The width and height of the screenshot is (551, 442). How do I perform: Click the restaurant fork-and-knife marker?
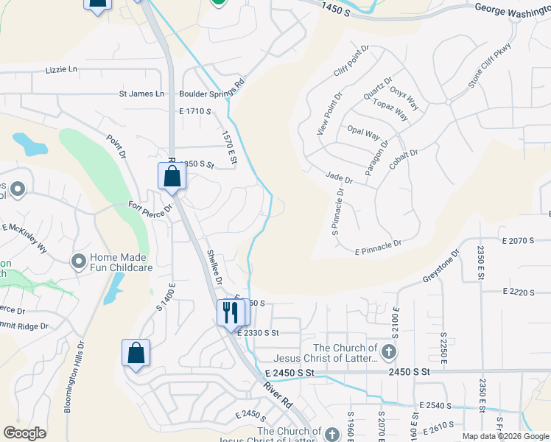(231, 313)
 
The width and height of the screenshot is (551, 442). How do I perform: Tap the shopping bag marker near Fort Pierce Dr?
(172, 177)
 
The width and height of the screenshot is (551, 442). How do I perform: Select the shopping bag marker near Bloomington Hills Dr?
(136, 353)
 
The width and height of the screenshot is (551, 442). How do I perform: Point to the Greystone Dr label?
(441, 266)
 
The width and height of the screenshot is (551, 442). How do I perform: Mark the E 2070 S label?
(517, 241)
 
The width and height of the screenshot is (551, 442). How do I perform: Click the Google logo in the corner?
(25, 432)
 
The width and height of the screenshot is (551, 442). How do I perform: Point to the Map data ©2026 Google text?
(505, 436)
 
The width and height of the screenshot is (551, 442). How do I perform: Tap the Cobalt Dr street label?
(404, 161)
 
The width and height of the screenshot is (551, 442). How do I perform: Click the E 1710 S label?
(195, 111)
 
